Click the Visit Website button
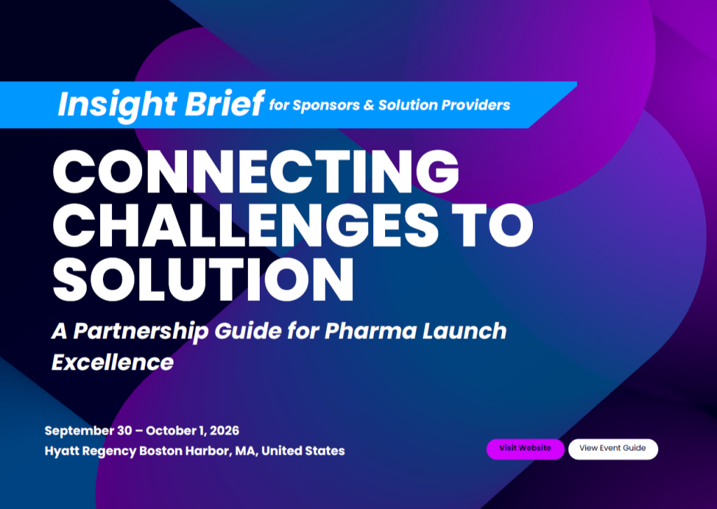point(525,449)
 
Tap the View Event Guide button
point(613,449)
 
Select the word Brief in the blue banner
point(225,104)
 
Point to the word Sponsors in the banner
point(326,106)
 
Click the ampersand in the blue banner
point(369,105)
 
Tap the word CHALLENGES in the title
point(246,225)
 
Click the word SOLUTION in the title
point(204,279)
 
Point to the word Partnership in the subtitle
point(141,332)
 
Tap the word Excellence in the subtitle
point(113,363)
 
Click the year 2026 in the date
point(224,431)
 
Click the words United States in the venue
point(303,451)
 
